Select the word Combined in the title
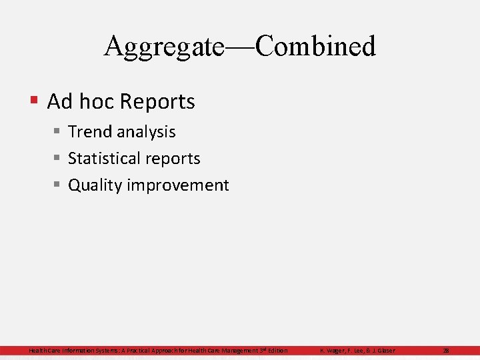point(315,47)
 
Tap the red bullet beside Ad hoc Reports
point(34,101)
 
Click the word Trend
point(90,132)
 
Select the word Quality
point(95,185)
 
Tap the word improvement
point(178,185)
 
